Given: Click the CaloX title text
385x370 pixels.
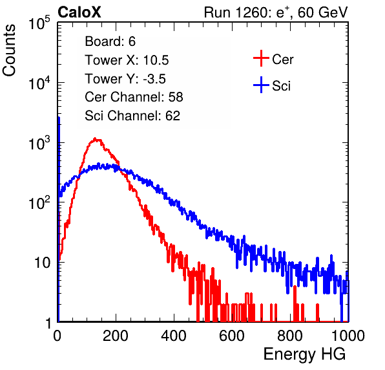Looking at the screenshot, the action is click(x=79, y=12).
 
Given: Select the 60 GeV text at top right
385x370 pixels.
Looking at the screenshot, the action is click(x=322, y=12).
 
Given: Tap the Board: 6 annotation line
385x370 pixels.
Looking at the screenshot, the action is click(x=110, y=41).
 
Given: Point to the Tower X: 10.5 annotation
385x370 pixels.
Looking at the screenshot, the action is click(x=127, y=60).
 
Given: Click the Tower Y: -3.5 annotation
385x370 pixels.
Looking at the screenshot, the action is click(x=125, y=79).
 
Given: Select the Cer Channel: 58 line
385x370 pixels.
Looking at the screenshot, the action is click(x=134, y=97).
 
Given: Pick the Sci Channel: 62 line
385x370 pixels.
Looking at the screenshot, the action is click(x=132, y=116).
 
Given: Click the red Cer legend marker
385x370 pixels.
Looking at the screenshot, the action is click(x=261, y=58).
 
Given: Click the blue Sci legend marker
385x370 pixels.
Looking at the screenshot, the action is click(x=261, y=85).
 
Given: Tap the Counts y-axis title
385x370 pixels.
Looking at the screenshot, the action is click(x=9, y=50).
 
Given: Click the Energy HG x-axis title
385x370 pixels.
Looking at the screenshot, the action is click(x=304, y=354).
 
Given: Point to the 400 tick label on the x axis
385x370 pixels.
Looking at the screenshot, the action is click(x=174, y=336).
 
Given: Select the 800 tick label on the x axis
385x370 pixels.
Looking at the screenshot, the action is click(x=290, y=336).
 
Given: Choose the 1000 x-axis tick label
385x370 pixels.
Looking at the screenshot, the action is click(x=348, y=336).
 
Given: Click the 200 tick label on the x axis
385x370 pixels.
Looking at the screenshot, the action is click(x=116, y=336).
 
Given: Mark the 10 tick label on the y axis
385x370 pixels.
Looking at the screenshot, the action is click(x=43, y=263).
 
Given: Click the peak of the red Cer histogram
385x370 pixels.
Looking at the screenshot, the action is click(x=95, y=139).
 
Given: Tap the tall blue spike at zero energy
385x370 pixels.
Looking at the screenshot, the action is click(x=59, y=219).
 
